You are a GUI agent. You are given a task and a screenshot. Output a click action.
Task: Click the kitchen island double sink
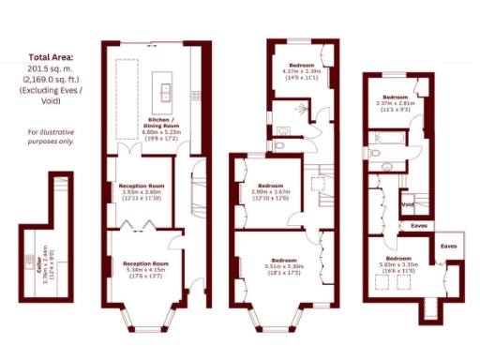164,92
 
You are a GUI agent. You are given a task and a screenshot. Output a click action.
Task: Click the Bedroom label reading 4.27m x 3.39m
302,70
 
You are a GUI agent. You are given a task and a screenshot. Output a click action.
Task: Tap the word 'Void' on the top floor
408,203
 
